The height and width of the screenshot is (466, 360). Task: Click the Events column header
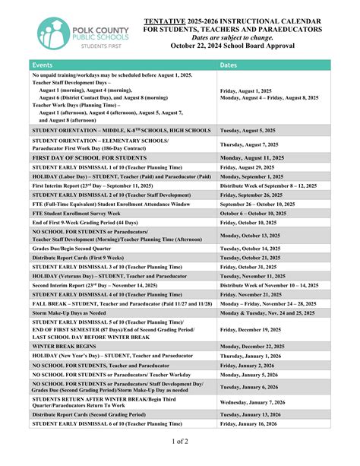pos(43,65)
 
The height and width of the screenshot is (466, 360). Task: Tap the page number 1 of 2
pos(179,442)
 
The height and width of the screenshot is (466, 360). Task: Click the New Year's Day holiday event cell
pos(111,355)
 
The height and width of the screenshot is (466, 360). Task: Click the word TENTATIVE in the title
pos(166,20)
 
